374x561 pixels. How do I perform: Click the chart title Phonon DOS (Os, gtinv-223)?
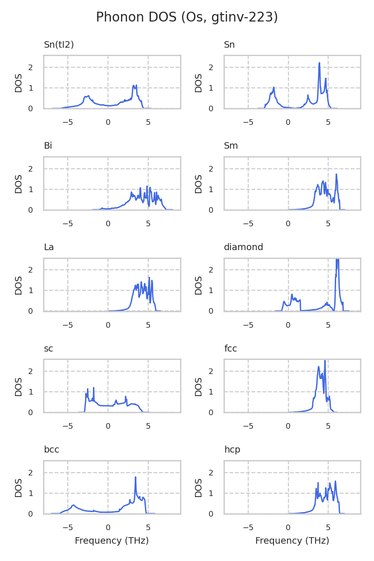coord(187,17)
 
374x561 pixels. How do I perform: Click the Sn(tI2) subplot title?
coord(59,45)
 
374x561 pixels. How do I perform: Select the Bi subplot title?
coord(48,146)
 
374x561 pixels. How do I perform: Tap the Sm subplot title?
coord(231,146)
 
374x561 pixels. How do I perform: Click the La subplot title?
coord(49,247)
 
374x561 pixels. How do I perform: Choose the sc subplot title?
coord(48,349)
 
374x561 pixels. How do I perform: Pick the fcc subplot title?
coord(231,349)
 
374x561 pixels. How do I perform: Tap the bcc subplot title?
coord(51,450)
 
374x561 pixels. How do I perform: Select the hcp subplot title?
coord(232,450)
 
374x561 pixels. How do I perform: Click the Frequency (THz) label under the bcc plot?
coord(112,541)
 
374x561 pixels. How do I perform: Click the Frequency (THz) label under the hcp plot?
coord(292,541)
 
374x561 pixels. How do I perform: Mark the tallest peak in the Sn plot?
coord(319,63)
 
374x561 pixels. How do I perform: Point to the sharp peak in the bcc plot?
coord(136,477)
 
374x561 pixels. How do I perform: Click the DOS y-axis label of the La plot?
coord(19,285)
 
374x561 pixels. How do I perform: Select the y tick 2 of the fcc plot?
coord(217,371)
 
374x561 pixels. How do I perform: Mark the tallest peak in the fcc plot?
coord(325,361)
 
